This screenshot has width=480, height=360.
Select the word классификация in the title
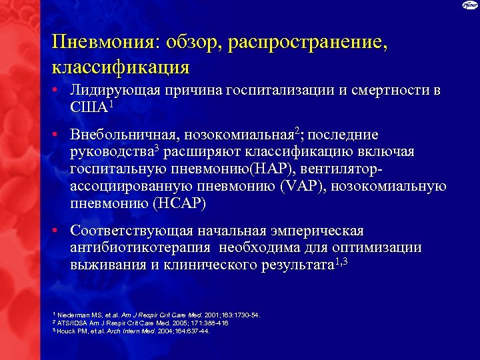(x=119, y=67)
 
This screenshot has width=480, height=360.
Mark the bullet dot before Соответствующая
(x=59, y=231)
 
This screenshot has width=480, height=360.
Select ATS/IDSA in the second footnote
(x=73, y=323)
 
